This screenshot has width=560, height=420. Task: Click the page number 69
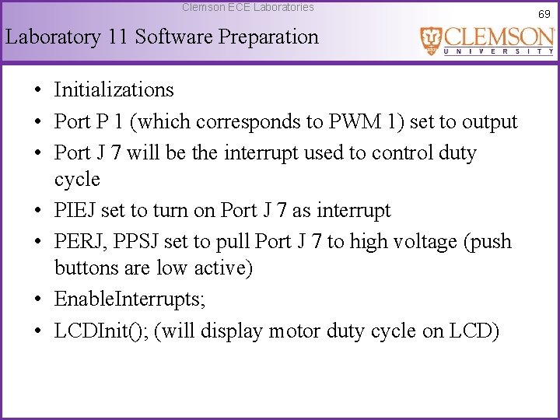pos(544,14)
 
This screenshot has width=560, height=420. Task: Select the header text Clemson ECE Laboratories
pos(248,7)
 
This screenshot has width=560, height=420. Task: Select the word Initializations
pos(114,90)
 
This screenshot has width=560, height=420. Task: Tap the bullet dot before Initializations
pos(37,91)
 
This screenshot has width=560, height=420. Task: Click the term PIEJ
pos(75,211)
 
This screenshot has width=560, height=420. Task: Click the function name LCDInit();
pos(101,331)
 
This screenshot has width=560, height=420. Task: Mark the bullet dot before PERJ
pos(37,243)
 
